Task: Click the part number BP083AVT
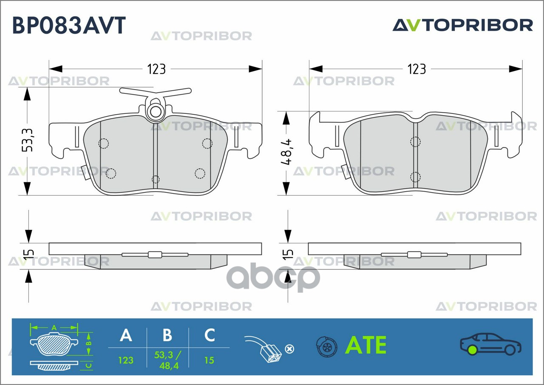pyautogui.click(x=69, y=25)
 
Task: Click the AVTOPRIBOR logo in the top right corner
pyautogui.click(x=462, y=25)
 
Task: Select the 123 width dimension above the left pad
pyautogui.click(x=156, y=69)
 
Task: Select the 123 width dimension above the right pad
pyautogui.click(x=416, y=69)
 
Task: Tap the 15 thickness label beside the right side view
pyautogui.click(x=288, y=254)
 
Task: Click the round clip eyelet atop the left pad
pyautogui.click(x=156, y=112)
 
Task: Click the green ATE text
pyautogui.click(x=365, y=345)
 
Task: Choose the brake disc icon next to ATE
pyautogui.click(x=326, y=347)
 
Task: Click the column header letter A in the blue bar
pyautogui.click(x=126, y=335)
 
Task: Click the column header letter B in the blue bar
pyautogui.click(x=167, y=335)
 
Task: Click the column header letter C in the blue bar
pyautogui.click(x=209, y=335)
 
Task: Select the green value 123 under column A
pyautogui.click(x=126, y=360)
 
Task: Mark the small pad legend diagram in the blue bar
pyautogui.click(x=61, y=346)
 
